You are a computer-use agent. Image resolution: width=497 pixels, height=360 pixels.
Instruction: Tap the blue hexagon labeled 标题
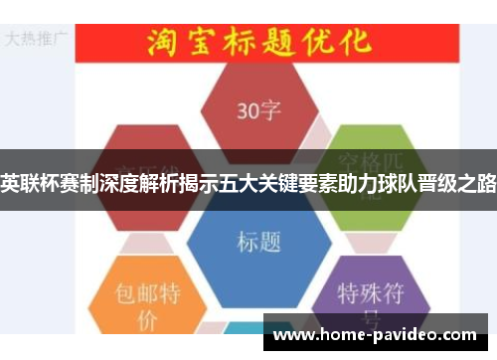(x=258, y=235)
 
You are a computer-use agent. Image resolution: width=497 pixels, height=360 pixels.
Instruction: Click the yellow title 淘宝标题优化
(x=258, y=43)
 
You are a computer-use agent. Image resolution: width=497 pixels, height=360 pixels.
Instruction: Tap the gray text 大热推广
(x=37, y=39)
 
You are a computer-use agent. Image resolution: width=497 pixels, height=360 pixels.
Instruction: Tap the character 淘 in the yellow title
(x=163, y=43)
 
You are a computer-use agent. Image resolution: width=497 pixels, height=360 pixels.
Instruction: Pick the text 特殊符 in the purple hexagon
(x=370, y=293)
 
